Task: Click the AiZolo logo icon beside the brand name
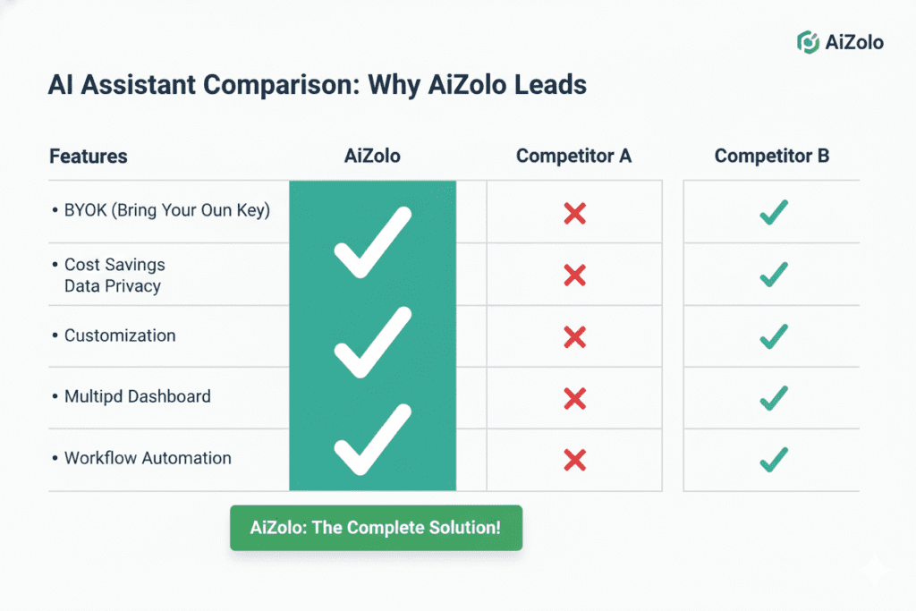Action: (x=808, y=41)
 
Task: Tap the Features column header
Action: (x=88, y=157)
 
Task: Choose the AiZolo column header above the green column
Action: (x=372, y=157)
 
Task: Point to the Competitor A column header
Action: (x=573, y=157)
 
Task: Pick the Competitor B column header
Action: (x=772, y=157)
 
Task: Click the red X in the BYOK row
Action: (x=574, y=213)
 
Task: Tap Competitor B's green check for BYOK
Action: (x=773, y=212)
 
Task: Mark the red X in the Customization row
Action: (x=574, y=337)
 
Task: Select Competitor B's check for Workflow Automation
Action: (x=773, y=460)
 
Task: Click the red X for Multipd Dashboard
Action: (x=574, y=397)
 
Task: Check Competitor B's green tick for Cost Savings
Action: (x=773, y=274)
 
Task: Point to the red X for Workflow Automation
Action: (x=574, y=460)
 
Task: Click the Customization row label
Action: (x=120, y=336)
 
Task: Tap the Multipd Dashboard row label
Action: (x=137, y=396)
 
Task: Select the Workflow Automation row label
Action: (x=148, y=458)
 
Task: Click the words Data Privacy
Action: (x=113, y=286)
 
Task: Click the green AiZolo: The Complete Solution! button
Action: (x=376, y=527)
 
